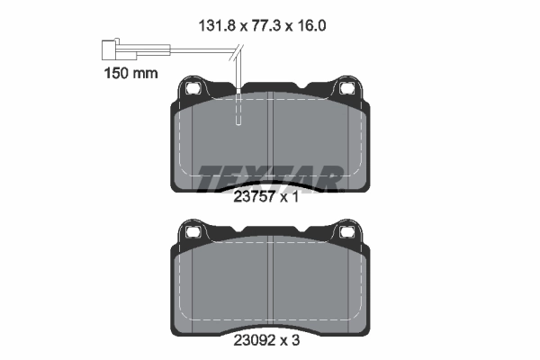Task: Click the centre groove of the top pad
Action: pos(270,144)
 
